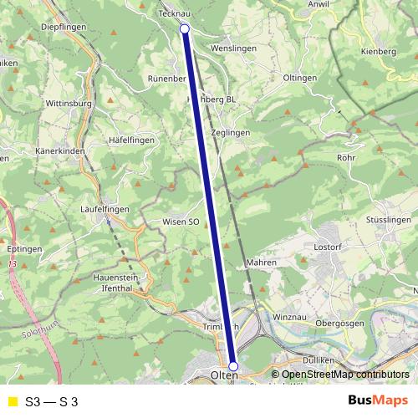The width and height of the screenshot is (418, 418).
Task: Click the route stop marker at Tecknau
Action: [185, 29]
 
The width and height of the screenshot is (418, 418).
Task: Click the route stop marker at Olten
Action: [233, 366]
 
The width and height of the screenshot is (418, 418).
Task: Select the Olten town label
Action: [225, 376]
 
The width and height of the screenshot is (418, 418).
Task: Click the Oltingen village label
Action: [300, 78]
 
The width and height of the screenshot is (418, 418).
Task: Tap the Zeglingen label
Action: [231, 133]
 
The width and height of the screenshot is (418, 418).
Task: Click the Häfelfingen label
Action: [132, 140]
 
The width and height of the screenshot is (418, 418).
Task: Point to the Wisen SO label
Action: [181, 222]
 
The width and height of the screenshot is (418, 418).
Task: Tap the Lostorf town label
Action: [329, 247]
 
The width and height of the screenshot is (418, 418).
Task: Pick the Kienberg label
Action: [378, 52]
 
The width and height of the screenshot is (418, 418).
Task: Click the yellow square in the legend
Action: [12, 400]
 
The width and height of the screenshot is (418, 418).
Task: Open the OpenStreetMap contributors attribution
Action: [345, 375]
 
